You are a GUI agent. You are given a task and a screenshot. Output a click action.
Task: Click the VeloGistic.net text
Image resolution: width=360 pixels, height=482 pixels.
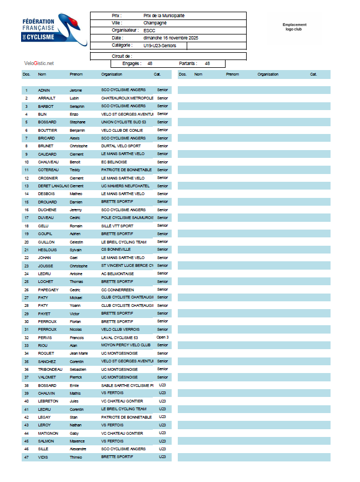coord(39,63)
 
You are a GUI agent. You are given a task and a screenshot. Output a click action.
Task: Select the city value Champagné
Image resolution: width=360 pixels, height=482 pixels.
coord(155,23)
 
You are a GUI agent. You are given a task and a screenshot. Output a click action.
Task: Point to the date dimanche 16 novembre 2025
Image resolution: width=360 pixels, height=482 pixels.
coord(171,37)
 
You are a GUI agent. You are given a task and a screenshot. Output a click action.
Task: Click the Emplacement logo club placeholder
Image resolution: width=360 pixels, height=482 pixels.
coord(294,27)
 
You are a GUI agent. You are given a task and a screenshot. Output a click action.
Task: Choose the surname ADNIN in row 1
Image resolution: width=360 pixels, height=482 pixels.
coord(44,90)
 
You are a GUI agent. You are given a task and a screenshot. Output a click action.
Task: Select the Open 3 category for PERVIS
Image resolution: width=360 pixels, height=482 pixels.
coord(162,337)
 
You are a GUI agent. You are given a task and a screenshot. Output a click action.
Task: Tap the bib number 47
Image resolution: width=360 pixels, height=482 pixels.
coord(26,457)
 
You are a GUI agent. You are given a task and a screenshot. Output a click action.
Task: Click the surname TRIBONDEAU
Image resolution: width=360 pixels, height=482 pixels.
coord(50,369)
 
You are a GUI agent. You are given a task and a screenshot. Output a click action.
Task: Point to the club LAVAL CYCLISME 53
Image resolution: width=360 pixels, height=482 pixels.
coord(119,337)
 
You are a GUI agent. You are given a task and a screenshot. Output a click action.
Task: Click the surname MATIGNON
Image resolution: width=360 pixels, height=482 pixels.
coord(48,433)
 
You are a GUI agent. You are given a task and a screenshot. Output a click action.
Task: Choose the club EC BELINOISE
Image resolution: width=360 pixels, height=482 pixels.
coord(114,162)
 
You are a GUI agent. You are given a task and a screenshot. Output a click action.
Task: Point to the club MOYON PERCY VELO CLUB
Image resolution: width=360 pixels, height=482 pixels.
coord(126,345)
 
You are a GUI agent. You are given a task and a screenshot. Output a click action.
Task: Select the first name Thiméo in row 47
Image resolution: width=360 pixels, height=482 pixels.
coord(76,457)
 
